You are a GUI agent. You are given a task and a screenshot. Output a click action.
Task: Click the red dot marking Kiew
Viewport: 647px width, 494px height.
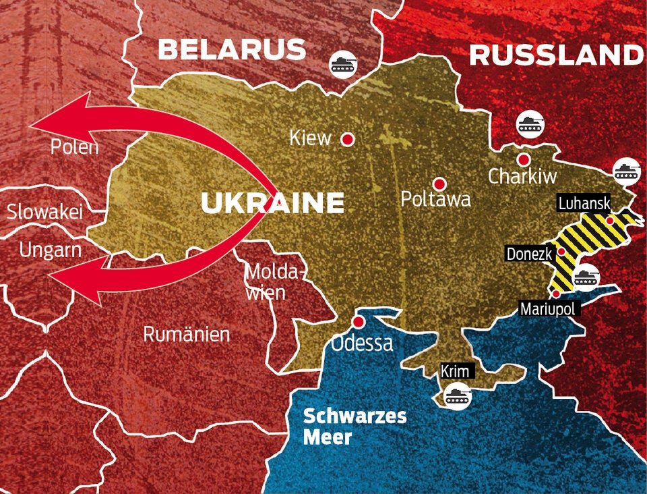tap(348, 139)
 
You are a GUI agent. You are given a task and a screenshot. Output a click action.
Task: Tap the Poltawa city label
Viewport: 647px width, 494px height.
tap(435, 200)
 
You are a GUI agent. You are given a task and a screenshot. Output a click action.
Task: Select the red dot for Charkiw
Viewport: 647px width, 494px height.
tap(524, 159)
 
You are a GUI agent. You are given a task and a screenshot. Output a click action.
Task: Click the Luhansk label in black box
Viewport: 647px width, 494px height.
tap(584, 203)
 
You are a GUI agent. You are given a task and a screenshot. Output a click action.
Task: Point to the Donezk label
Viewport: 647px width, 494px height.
tap(529, 254)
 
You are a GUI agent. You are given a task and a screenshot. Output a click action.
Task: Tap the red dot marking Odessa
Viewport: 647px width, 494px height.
tap(360, 321)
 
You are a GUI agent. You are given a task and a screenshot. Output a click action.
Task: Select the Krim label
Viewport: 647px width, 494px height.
tap(456, 371)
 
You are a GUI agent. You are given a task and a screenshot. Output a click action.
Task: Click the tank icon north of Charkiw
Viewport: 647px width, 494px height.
tap(530, 123)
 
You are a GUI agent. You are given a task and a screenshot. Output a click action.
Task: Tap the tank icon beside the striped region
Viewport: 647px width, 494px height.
tap(585, 277)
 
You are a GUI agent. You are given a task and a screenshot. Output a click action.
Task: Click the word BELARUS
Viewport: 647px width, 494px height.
tap(232, 49)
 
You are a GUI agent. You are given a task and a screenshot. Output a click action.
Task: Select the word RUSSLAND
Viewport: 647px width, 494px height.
tap(555, 55)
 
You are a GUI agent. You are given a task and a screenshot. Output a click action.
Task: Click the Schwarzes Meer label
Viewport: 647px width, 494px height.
tap(355, 426)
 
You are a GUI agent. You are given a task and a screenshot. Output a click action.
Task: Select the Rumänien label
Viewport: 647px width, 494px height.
tap(187, 334)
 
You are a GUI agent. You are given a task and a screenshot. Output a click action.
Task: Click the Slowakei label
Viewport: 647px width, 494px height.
tap(44, 212)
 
